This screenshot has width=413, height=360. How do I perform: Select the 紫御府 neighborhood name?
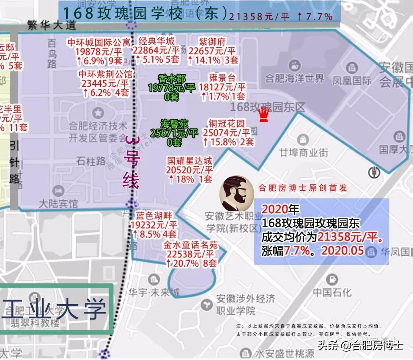click(213, 42)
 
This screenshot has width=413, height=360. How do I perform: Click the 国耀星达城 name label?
click(190, 161)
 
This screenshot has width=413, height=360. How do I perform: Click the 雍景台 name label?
click(223, 78)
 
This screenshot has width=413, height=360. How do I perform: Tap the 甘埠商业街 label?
click(304, 152)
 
